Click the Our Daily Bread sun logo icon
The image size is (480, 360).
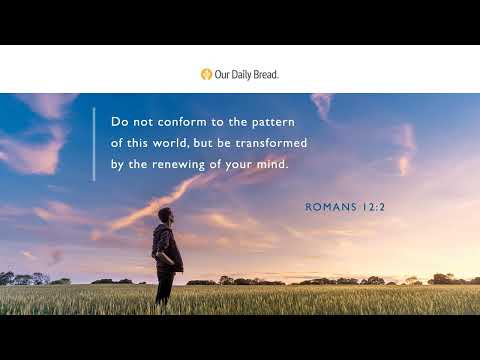(x=206, y=73)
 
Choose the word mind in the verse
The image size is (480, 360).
(x=272, y=164)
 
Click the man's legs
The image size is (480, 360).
(x=164, y=288)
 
